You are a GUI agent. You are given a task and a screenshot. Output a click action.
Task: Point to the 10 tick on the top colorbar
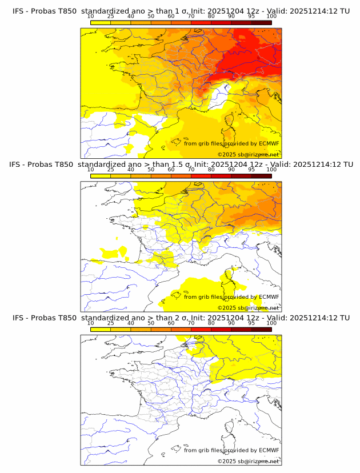click(91, 17)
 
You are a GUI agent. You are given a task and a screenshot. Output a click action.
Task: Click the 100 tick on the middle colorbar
click(271, 170)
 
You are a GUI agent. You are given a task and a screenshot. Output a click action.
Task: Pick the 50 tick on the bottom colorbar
click(151, 323)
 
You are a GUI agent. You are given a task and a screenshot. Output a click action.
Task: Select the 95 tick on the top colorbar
click(251, 17)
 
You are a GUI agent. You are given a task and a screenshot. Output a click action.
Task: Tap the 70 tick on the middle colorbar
click(191, 170)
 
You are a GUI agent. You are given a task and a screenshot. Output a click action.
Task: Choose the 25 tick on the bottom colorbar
click(111, 323)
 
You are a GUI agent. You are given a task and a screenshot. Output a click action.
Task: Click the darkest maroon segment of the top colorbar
click(261, 23)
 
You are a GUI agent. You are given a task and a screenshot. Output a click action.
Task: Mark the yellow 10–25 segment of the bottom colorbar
click(101, 329)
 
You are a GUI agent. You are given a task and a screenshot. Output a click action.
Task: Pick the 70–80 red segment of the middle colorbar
click(201, 176)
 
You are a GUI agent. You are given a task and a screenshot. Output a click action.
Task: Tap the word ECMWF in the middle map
click(269, 296)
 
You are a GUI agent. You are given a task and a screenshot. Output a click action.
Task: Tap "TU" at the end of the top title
click(345, 11)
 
